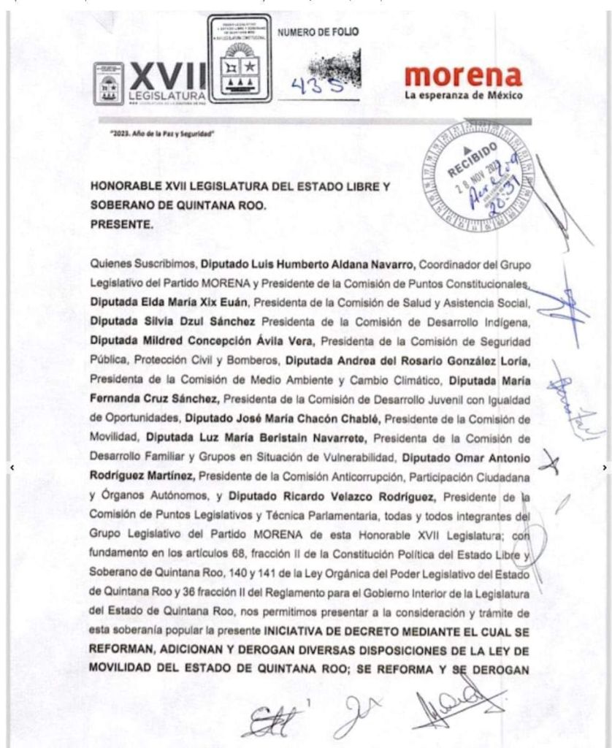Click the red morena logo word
click(462, 76)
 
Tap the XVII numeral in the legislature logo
click(167, 75)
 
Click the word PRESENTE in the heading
click(121, 225)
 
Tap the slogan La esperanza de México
click(462, 96)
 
